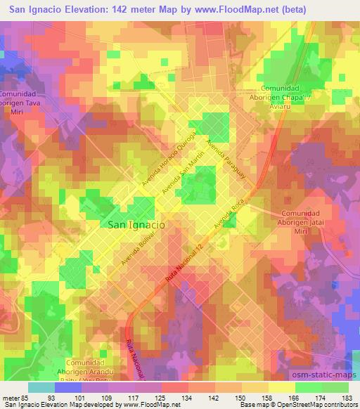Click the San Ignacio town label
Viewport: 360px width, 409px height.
click(138, 225)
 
